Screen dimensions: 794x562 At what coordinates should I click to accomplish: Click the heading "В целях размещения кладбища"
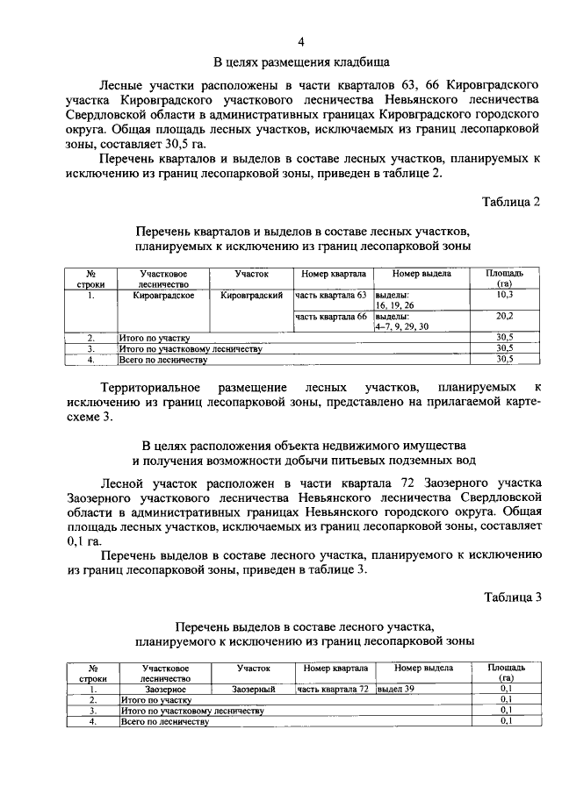(x=301, y=61)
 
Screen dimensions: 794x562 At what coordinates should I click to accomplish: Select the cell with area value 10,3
(x=504, y=297)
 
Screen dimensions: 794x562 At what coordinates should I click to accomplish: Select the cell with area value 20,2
(x=504, y=316)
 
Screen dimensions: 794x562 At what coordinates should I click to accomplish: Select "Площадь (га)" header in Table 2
(x=504, y=279)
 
